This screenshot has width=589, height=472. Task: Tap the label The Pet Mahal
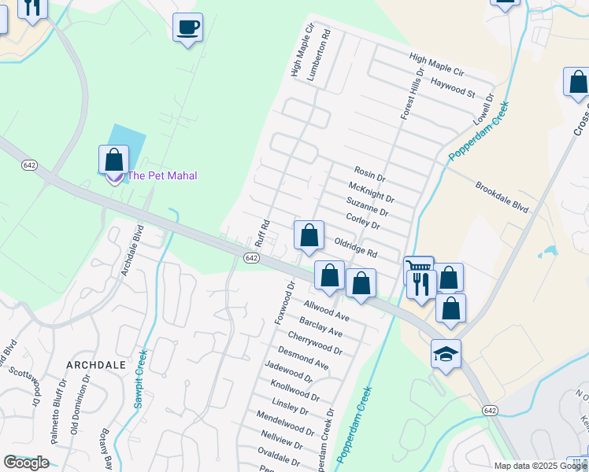coord(162,175)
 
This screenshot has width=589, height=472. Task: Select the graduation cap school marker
coord(446,354)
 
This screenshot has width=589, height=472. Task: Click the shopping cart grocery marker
coord(418,269)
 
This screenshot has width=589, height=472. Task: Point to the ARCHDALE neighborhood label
coord(97,365)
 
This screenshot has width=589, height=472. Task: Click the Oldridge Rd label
coord(356,248)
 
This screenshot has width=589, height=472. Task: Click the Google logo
coord(26,463)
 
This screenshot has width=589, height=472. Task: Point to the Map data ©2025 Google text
coord(540,466)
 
